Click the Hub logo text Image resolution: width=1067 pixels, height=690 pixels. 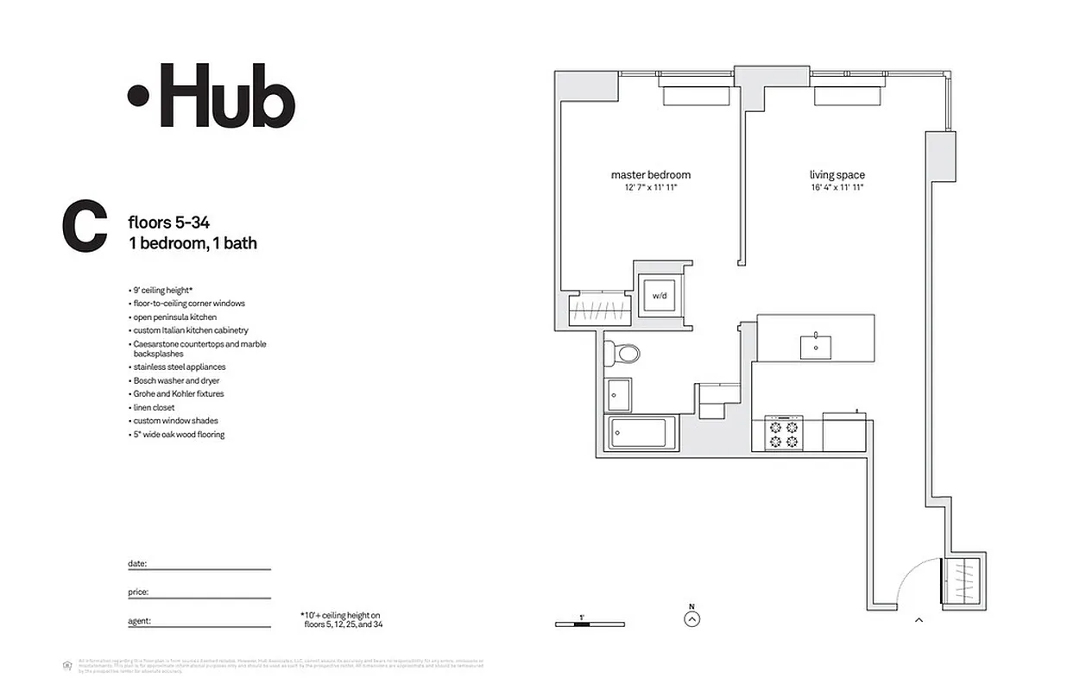[x=212, y=96]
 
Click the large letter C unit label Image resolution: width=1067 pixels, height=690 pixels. [x=85, y=228]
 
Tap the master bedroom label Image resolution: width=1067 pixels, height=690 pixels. [x=650, y=175]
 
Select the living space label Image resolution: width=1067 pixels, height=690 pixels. [x=837, y=175]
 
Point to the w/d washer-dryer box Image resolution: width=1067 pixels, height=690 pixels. [x=660, y=296]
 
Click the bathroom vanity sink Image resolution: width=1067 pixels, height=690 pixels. [x=619, y=394]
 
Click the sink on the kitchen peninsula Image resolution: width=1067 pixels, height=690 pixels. [x=816, y=345]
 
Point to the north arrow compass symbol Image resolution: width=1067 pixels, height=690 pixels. [x=691, y=618]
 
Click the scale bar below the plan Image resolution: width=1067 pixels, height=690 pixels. [x=590, y=624]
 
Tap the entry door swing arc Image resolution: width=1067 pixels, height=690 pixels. [x=915, y=578]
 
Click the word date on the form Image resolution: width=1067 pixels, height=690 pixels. [x=137, y=563]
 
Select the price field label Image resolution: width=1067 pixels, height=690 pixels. [x=138, y=592]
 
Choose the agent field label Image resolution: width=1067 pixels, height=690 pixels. [x=139, y=620]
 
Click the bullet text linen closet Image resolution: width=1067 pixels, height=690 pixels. [x=154, y=407]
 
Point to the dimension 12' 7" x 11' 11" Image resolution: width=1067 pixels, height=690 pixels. [x=650, y=187]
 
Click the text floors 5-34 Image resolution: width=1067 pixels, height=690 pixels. [x=168, y=223]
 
